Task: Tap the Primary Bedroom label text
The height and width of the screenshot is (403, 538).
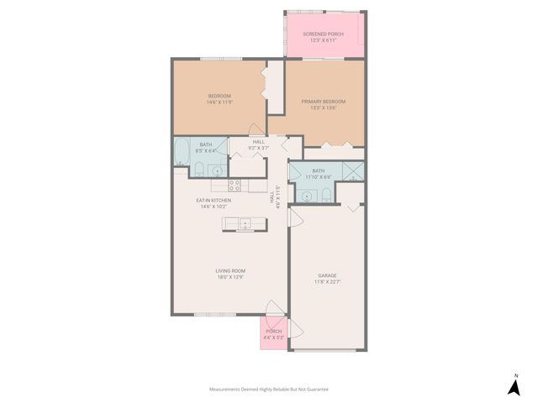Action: point(324,102)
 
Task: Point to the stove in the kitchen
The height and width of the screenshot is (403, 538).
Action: point(235,185)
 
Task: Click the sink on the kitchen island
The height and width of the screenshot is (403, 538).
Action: point(244,223)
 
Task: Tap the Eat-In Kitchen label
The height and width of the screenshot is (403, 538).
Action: point(214,201)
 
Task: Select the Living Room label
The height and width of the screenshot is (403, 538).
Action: point(229,270)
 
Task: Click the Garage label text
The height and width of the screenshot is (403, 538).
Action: point(327,275)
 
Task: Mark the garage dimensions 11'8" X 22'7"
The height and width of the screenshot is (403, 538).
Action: point(327,282)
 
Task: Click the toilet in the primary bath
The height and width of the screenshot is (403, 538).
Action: point(325,195)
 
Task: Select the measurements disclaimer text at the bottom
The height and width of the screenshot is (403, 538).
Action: point(268,390)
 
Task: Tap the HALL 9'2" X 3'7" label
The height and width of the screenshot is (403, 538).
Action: point(258,144)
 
